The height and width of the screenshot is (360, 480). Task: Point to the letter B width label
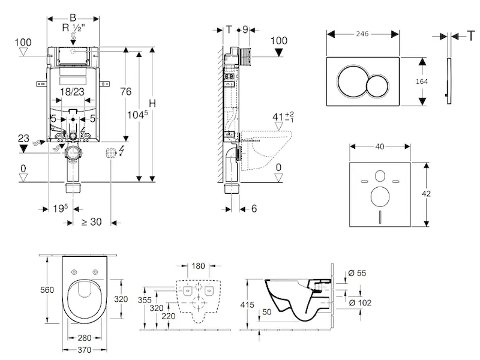click(x=73, y=17)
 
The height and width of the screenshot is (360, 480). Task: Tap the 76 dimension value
click(x=125, y=92)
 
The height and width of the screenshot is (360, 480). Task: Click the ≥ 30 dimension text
click(x=92, y=221)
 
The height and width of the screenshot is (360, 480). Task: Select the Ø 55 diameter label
click(x=357, y=273)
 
